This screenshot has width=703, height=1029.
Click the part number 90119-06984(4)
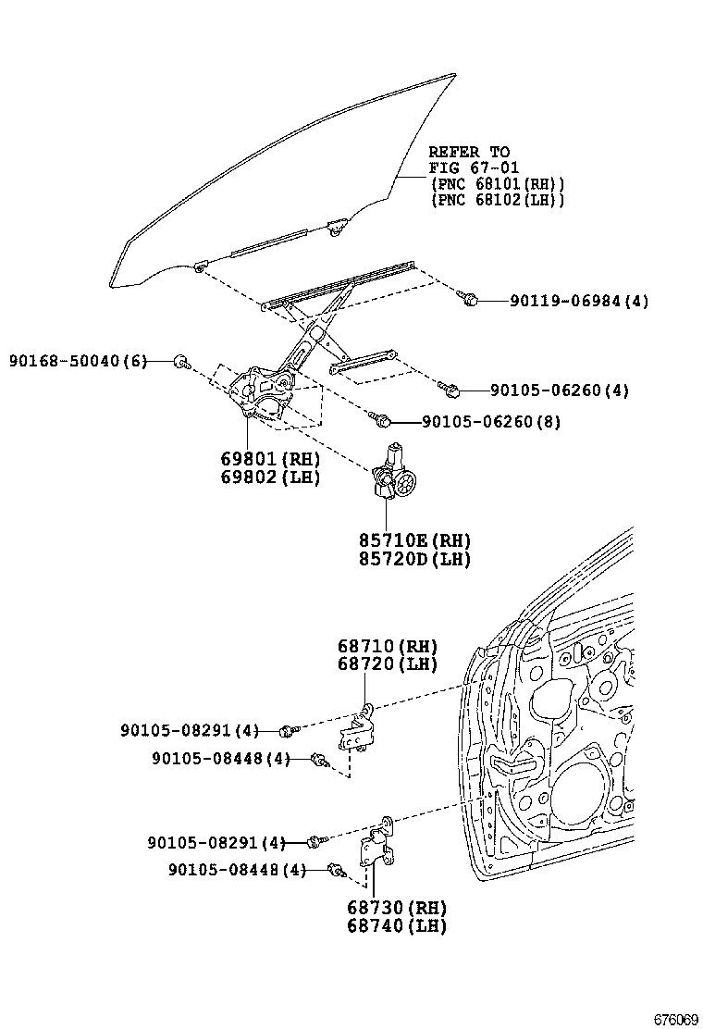click(x=580, y=301)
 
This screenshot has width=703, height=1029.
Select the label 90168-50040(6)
click(x=78, y=360)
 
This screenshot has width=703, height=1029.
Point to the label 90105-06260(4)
click(x=560, y=391)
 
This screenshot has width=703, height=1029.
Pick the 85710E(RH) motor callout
click(x=415, y=540)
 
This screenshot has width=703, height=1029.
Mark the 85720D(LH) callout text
click(x=415, y=559)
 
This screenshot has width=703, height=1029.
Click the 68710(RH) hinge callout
click(x=387, y=646)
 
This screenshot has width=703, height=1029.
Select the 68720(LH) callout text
click(x=387, y=663)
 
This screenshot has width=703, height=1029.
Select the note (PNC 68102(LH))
click(x=497, y=200)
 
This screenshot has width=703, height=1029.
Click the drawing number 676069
click(x=675, y=1019)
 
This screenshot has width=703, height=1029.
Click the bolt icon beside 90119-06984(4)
click(x=468, y=299)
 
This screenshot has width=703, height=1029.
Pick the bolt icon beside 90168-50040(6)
click(x=182, y=361)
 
